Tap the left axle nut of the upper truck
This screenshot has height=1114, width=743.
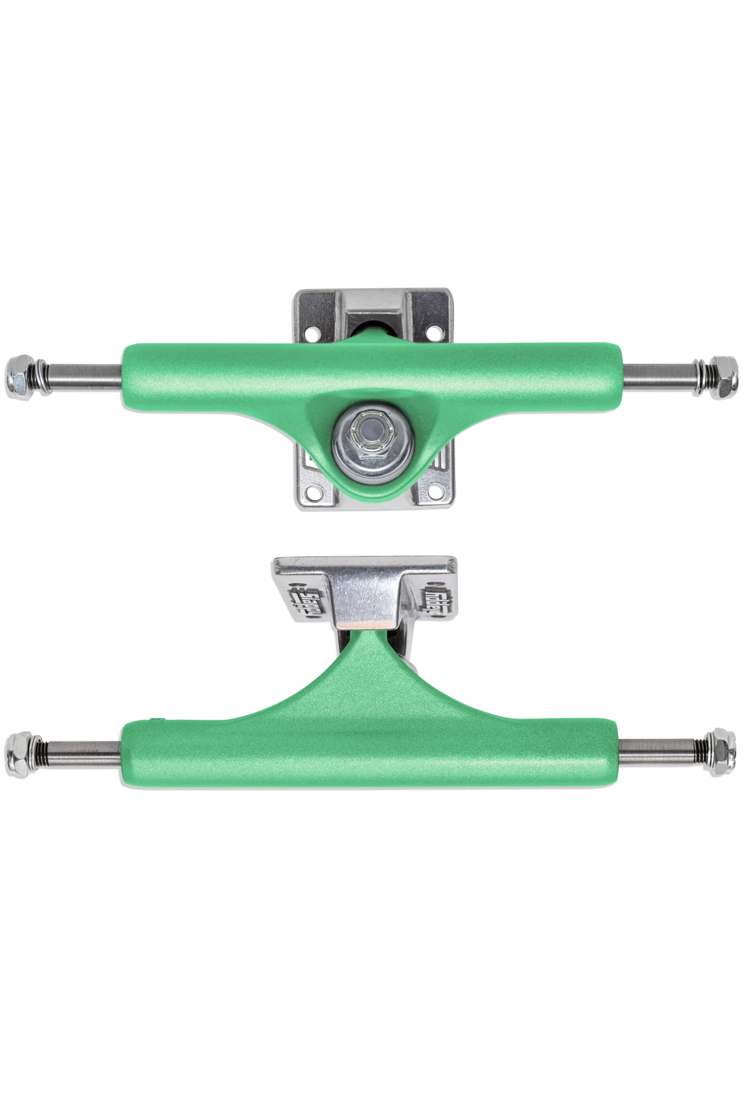click(x=19, y=372)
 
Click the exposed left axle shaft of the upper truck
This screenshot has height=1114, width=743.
click(x=84, y=376)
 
